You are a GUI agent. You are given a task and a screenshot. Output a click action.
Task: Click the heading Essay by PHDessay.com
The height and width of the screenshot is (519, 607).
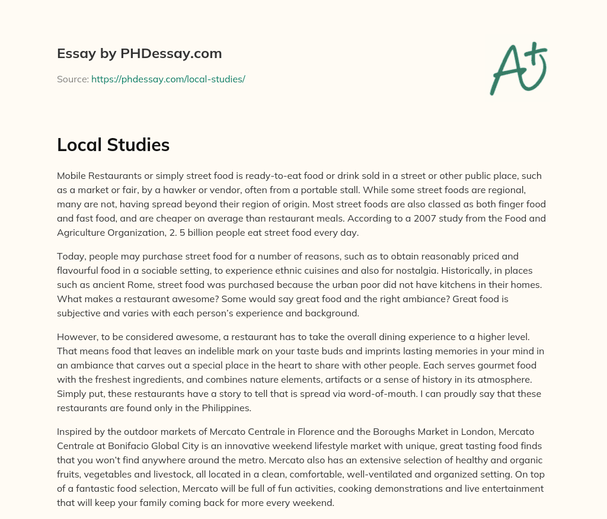(139, 54)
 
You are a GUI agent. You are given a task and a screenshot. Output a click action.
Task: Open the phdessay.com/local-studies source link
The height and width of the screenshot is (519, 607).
(168, 79)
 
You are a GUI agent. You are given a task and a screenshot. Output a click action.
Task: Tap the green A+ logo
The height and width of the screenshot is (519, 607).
(518, 68)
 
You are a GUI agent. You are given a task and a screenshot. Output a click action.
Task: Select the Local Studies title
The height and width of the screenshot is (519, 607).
(113, 145)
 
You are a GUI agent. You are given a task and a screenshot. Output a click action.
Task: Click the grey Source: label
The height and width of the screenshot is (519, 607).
(73, 79)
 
